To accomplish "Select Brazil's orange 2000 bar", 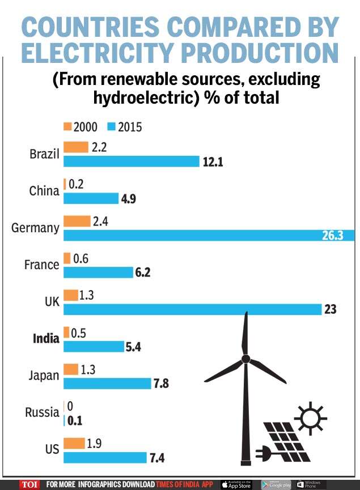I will coord(76,147).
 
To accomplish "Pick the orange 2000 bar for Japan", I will coord(71,369).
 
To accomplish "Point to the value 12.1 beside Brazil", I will coord(213,162).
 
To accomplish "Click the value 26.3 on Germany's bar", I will coord(333,236).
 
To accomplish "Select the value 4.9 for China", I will coord(128,199).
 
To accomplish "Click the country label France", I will coord(42,265).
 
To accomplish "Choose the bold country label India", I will coord(46,339).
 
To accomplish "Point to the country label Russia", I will coord(42,412).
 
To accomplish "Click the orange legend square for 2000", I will coord(67,127).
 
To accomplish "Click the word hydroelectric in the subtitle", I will coord(147,97).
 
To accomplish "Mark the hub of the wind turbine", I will coord(245,359).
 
